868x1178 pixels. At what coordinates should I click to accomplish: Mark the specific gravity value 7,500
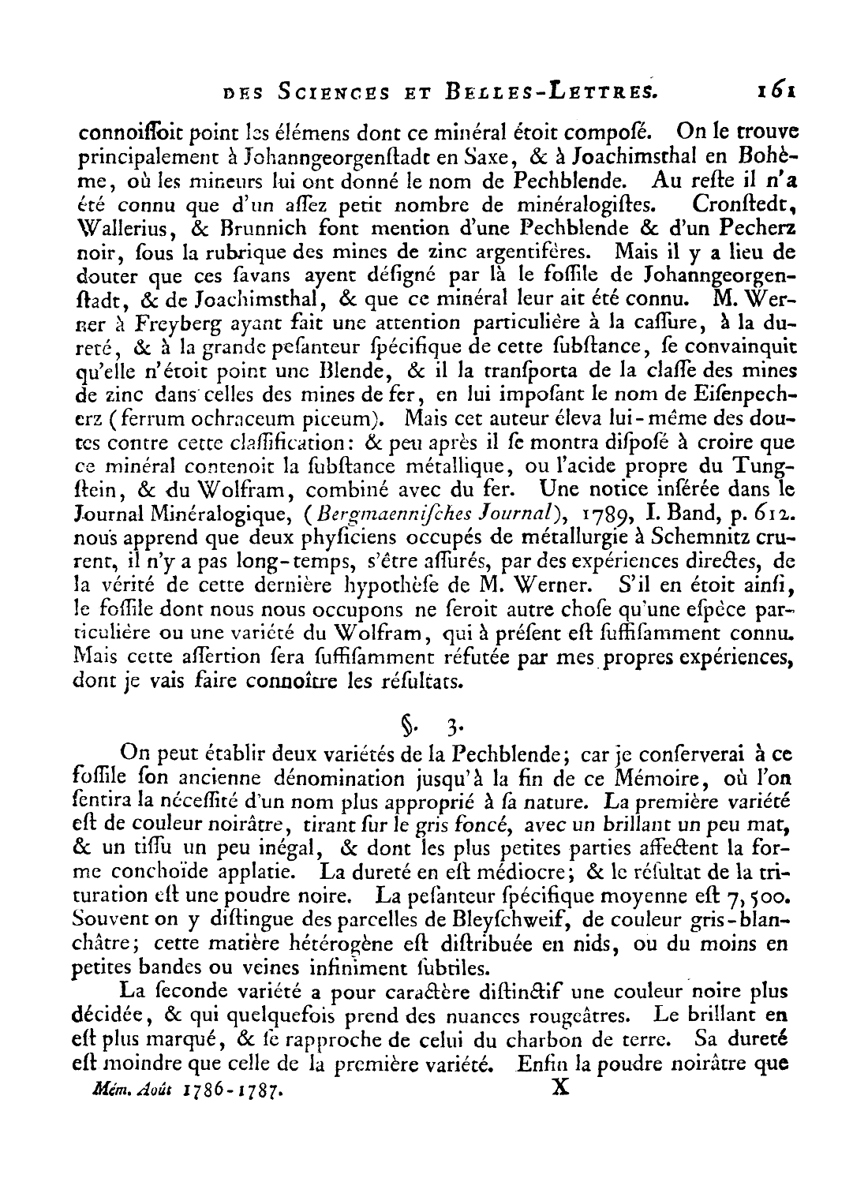(x=757, y=897)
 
